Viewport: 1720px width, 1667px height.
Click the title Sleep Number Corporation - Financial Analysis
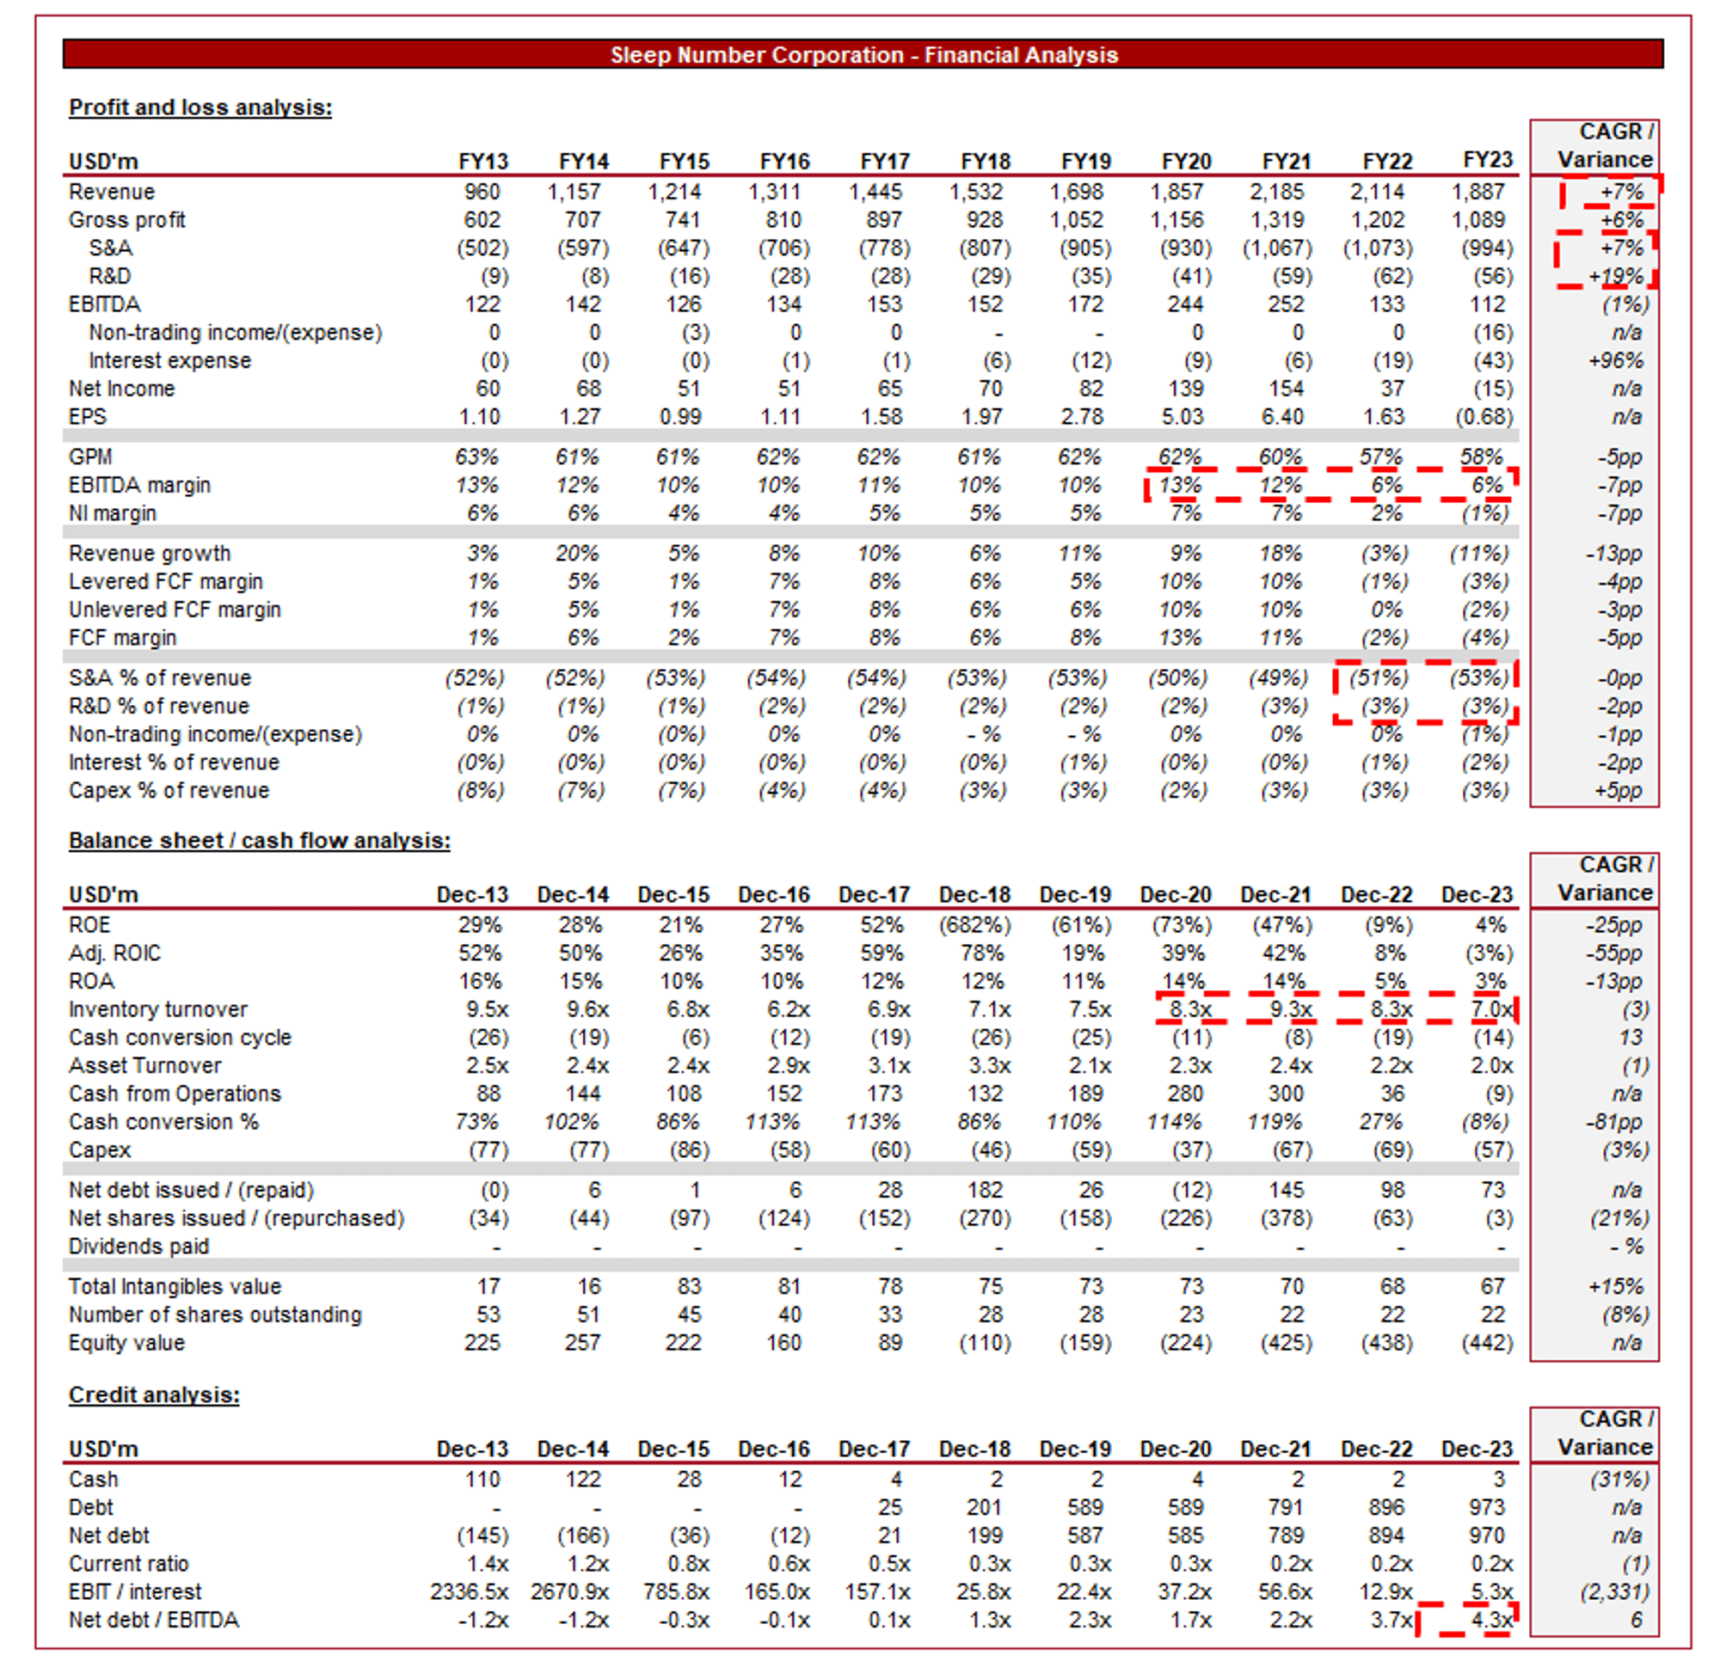864,55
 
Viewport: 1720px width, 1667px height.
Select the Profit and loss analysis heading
200,107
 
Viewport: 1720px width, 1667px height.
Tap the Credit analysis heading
154,1395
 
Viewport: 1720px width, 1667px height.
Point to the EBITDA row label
104,304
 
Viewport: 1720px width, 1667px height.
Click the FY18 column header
986,162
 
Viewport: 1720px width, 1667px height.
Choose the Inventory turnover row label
158,1009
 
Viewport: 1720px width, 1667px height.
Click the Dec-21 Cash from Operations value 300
1286,1094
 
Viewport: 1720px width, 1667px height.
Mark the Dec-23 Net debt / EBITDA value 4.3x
1492,1620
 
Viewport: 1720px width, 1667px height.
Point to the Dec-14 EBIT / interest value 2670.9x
569,1591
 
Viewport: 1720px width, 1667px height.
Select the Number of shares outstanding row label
215,1315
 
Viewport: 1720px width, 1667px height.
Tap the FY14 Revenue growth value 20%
583,554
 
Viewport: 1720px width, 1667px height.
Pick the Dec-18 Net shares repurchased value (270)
986,1217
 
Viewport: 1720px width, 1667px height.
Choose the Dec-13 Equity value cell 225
482,1342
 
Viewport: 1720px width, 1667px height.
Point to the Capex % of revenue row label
169,790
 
